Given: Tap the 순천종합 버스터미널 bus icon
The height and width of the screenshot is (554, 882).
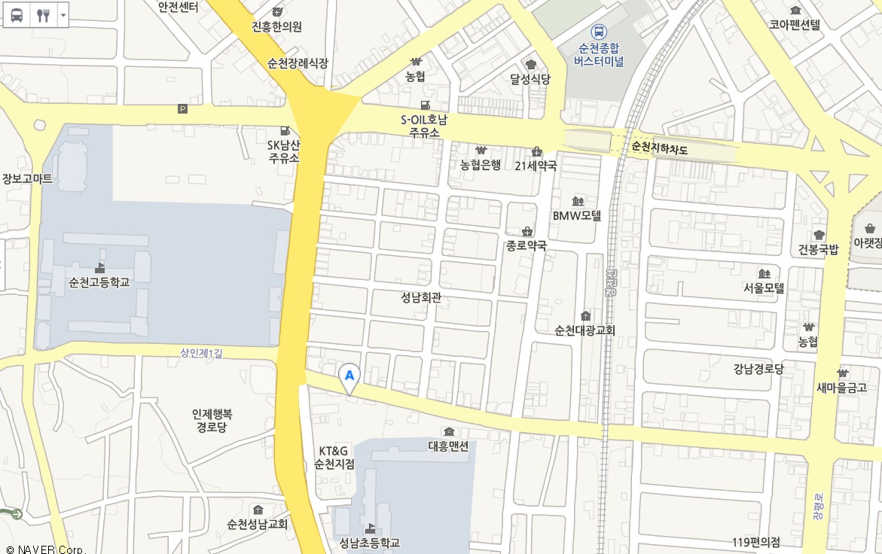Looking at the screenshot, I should pyautogui.click(x=598, y=32).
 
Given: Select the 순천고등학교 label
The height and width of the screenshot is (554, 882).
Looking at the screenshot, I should pyautogui.click(x=99, y=282).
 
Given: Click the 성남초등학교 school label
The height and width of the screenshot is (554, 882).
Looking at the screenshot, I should pyautogui.click(x=369, y=543).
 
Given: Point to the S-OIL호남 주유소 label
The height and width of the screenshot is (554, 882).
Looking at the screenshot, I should pyautogui.click(x=424, y=126).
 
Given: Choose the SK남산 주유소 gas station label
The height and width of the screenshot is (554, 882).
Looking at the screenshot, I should pyautogui.click(x=284, y=151).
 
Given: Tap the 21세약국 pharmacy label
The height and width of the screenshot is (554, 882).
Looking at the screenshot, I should pyautogui.click(x=536, y=165).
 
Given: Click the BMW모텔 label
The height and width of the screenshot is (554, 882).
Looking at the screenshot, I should pyautogui.click(x=578, y=215).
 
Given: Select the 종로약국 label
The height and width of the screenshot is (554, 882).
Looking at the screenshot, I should pyautogui.click(x=526, y=245).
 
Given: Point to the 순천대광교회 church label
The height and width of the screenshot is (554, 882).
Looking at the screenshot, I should pyautogui.click(x=585, y=330).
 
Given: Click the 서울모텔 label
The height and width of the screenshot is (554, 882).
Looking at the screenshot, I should pyautogui.click(x=764, y=288).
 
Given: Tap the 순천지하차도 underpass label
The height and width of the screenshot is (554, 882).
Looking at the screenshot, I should pyautogui.click(x=660, y=148).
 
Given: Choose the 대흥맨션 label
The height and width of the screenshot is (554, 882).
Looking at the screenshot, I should pyautogui.click(x=449, y=445).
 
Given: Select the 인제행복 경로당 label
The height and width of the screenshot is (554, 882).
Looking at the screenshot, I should pyautogui.click(x=212, y=421).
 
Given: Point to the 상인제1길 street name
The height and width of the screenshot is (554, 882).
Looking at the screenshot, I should pyautogui.click(x=202, y=352).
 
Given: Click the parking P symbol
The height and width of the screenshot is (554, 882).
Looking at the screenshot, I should pyautogui.click(x=182, y=109).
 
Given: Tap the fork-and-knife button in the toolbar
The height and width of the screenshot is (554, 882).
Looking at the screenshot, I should pyautogui.click(x=43, y=14).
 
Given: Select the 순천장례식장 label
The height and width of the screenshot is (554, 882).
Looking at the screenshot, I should pyautogui.click(x=298, y=63).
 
